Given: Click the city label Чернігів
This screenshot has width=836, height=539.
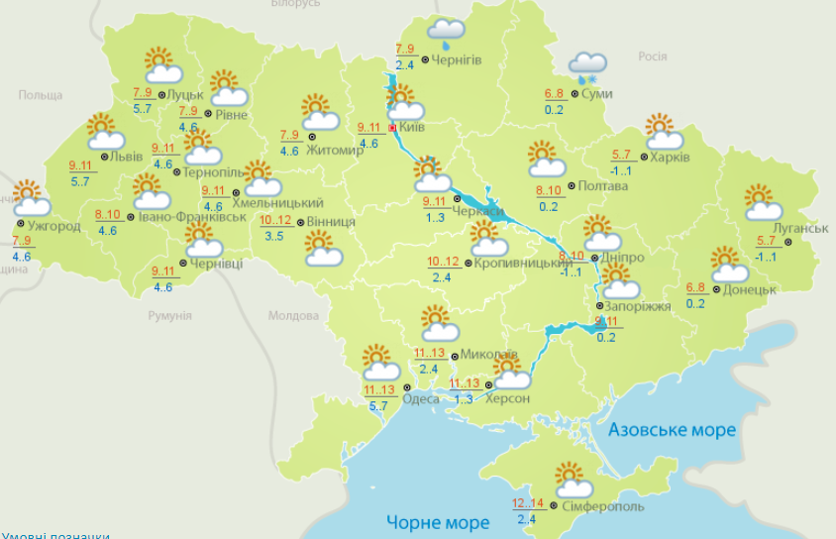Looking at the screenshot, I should (457, 60).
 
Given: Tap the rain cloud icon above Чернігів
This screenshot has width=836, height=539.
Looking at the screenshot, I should (447, 33).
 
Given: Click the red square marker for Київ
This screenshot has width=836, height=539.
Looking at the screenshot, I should (392, 128).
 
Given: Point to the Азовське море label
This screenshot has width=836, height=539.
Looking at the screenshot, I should (672, 430).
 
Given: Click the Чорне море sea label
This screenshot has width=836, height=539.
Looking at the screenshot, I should (438, 522).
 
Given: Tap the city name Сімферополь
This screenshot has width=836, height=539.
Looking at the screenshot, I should (602, 507).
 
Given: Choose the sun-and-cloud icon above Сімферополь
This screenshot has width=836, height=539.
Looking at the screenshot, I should (574, 481).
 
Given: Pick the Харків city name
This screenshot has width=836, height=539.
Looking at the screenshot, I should (670, 157).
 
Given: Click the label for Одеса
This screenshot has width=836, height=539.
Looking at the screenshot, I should (421, 398).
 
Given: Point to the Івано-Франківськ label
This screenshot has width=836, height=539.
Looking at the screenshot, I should (185, 216).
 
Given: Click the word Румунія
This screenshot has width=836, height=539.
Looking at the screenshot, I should (168, 315).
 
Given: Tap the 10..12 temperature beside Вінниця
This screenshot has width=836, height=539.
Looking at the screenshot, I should (276, 221).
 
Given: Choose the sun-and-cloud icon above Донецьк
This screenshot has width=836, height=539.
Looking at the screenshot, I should (730, 265).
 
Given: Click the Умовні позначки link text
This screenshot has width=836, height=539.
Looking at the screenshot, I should (54, 535).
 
